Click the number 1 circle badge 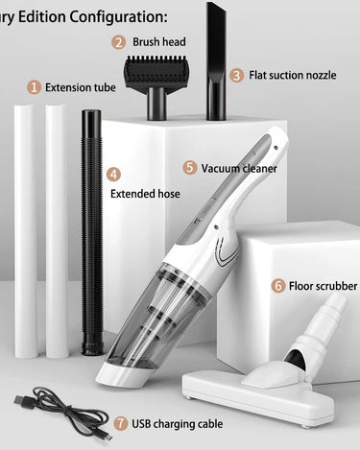34,87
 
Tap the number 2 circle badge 118,42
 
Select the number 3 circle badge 236,76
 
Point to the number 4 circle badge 113,175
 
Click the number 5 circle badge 190,168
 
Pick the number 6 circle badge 277,286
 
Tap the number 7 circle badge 120,424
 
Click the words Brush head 159,42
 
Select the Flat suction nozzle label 293,75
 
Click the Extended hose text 145,194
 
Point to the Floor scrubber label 323,286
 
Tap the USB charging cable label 178,424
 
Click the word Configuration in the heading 118,16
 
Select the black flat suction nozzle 216,60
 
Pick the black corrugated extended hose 91,232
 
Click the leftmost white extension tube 25,231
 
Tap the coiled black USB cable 64,412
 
